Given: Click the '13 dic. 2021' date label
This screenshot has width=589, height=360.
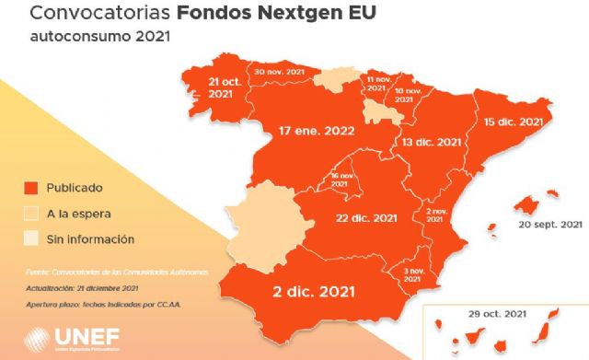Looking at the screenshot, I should click(431, 142).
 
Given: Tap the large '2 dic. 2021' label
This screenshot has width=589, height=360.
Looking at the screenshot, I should click(316, 294).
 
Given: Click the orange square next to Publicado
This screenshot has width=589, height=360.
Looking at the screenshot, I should click(29, 189).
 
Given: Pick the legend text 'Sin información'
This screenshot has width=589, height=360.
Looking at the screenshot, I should click(92, 239).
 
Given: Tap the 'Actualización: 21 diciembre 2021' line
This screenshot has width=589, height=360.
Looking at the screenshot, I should click(83, 288).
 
